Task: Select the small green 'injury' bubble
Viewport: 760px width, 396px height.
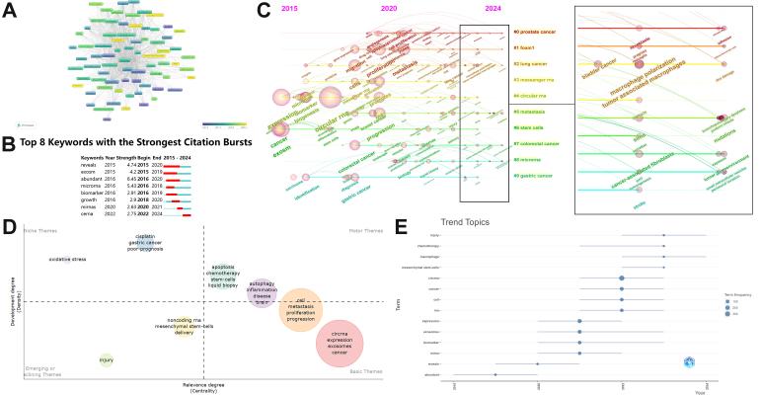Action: click(x=106, y=359)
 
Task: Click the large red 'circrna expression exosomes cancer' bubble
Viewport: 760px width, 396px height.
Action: click(x=339, y=342)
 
